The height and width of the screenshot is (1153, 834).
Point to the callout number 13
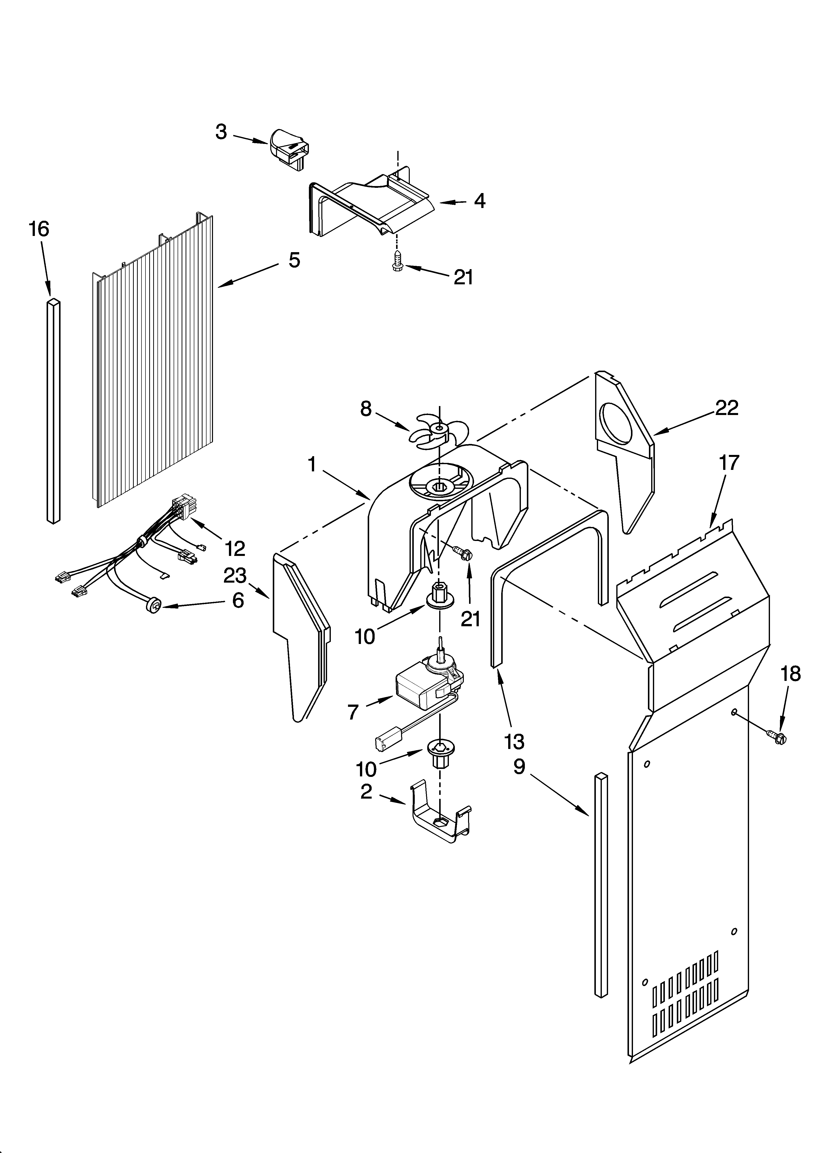(514, 742)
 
